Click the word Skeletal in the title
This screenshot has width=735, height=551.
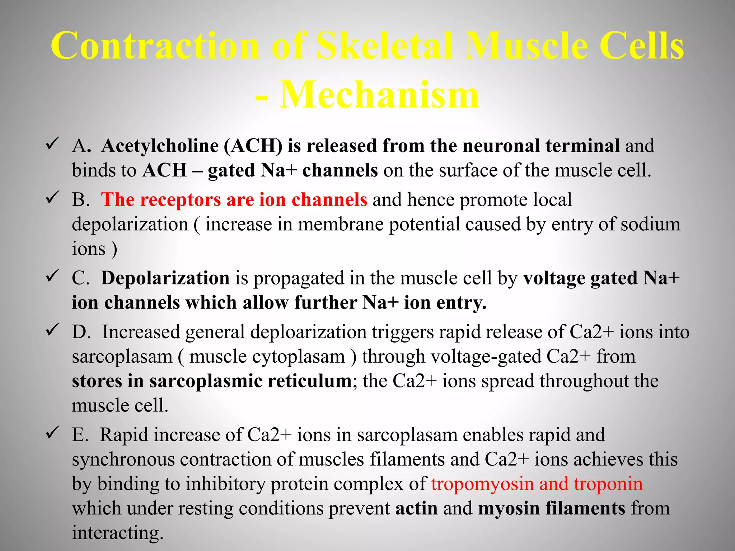tap(384, 46)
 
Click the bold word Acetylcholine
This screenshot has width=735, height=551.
tap(160, 146)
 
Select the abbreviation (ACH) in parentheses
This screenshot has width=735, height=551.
tap(253, 146)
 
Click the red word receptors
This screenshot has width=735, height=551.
tap(180, 200)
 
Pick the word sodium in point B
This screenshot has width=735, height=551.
tap(650, 225)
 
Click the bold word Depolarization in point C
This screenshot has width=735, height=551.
tap(165, 278)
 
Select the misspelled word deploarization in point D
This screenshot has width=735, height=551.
tap(308, 332)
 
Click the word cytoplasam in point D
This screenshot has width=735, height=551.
tap(267, 357)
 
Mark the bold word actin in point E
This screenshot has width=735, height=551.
tap(416, 509)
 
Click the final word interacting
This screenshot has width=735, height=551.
tap(118, 533)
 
